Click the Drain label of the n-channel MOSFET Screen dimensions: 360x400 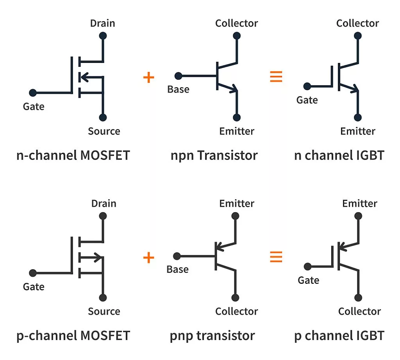point(102,23)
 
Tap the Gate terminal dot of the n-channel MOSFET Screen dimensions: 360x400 point(33,93)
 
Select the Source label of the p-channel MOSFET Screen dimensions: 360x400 point(104,311)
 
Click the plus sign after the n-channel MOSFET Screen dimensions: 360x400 point(148,77)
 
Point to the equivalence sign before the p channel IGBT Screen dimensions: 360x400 point(276,257)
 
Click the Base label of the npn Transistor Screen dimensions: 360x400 point(178,89)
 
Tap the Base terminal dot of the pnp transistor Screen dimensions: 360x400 point(177,256)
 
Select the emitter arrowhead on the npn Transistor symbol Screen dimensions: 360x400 point(234,89)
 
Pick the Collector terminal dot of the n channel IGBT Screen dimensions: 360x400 point(358,36)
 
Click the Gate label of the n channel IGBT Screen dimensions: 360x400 point(307,100)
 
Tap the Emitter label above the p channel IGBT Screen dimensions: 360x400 point(359,203)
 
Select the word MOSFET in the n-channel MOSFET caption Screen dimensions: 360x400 point(105,156)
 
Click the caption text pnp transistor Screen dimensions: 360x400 point(212,335)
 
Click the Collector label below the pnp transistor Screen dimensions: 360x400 point(236,311)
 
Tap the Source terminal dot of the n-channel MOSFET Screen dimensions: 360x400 point(103,117)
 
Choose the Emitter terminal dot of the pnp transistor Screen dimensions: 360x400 point(235,216)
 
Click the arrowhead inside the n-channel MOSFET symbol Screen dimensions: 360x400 point(82,77)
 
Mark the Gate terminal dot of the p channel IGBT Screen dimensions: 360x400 point(308,267)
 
